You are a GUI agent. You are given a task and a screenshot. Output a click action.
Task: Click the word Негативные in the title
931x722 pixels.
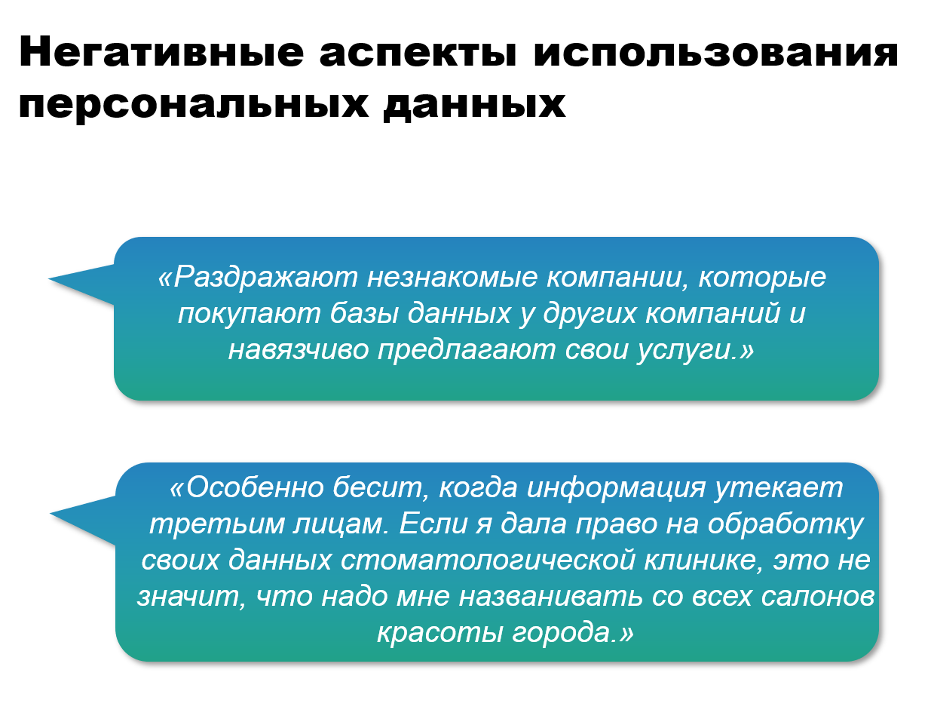[x=161, y=52]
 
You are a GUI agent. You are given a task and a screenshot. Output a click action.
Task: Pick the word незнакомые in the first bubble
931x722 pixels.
[x=452, y=278]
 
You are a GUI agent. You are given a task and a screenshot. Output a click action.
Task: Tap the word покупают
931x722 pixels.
[x=249, y=315]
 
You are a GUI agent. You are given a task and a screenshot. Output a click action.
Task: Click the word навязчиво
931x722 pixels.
[x=299, y=350]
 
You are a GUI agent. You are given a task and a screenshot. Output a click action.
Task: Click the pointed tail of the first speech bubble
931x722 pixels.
[x=49, y=279]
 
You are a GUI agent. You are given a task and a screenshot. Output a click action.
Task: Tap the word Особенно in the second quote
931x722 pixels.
[x=255, y=489]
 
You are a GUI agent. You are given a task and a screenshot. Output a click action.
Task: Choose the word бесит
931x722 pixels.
[x=381, y=489]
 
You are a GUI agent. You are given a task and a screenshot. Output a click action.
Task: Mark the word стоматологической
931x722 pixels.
[x=488, y=561]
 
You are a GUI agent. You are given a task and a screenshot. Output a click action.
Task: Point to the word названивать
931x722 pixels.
[x=550, y=598]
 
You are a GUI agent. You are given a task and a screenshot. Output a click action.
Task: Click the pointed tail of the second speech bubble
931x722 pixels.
[x=51, y=513]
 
